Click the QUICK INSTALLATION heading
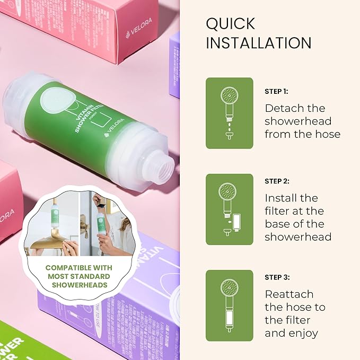(258, 33)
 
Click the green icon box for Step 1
(229, 113)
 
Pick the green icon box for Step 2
(229, 209)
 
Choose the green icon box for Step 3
(229, 305)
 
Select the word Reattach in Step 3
(289, 294)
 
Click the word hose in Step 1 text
(326, 134)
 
